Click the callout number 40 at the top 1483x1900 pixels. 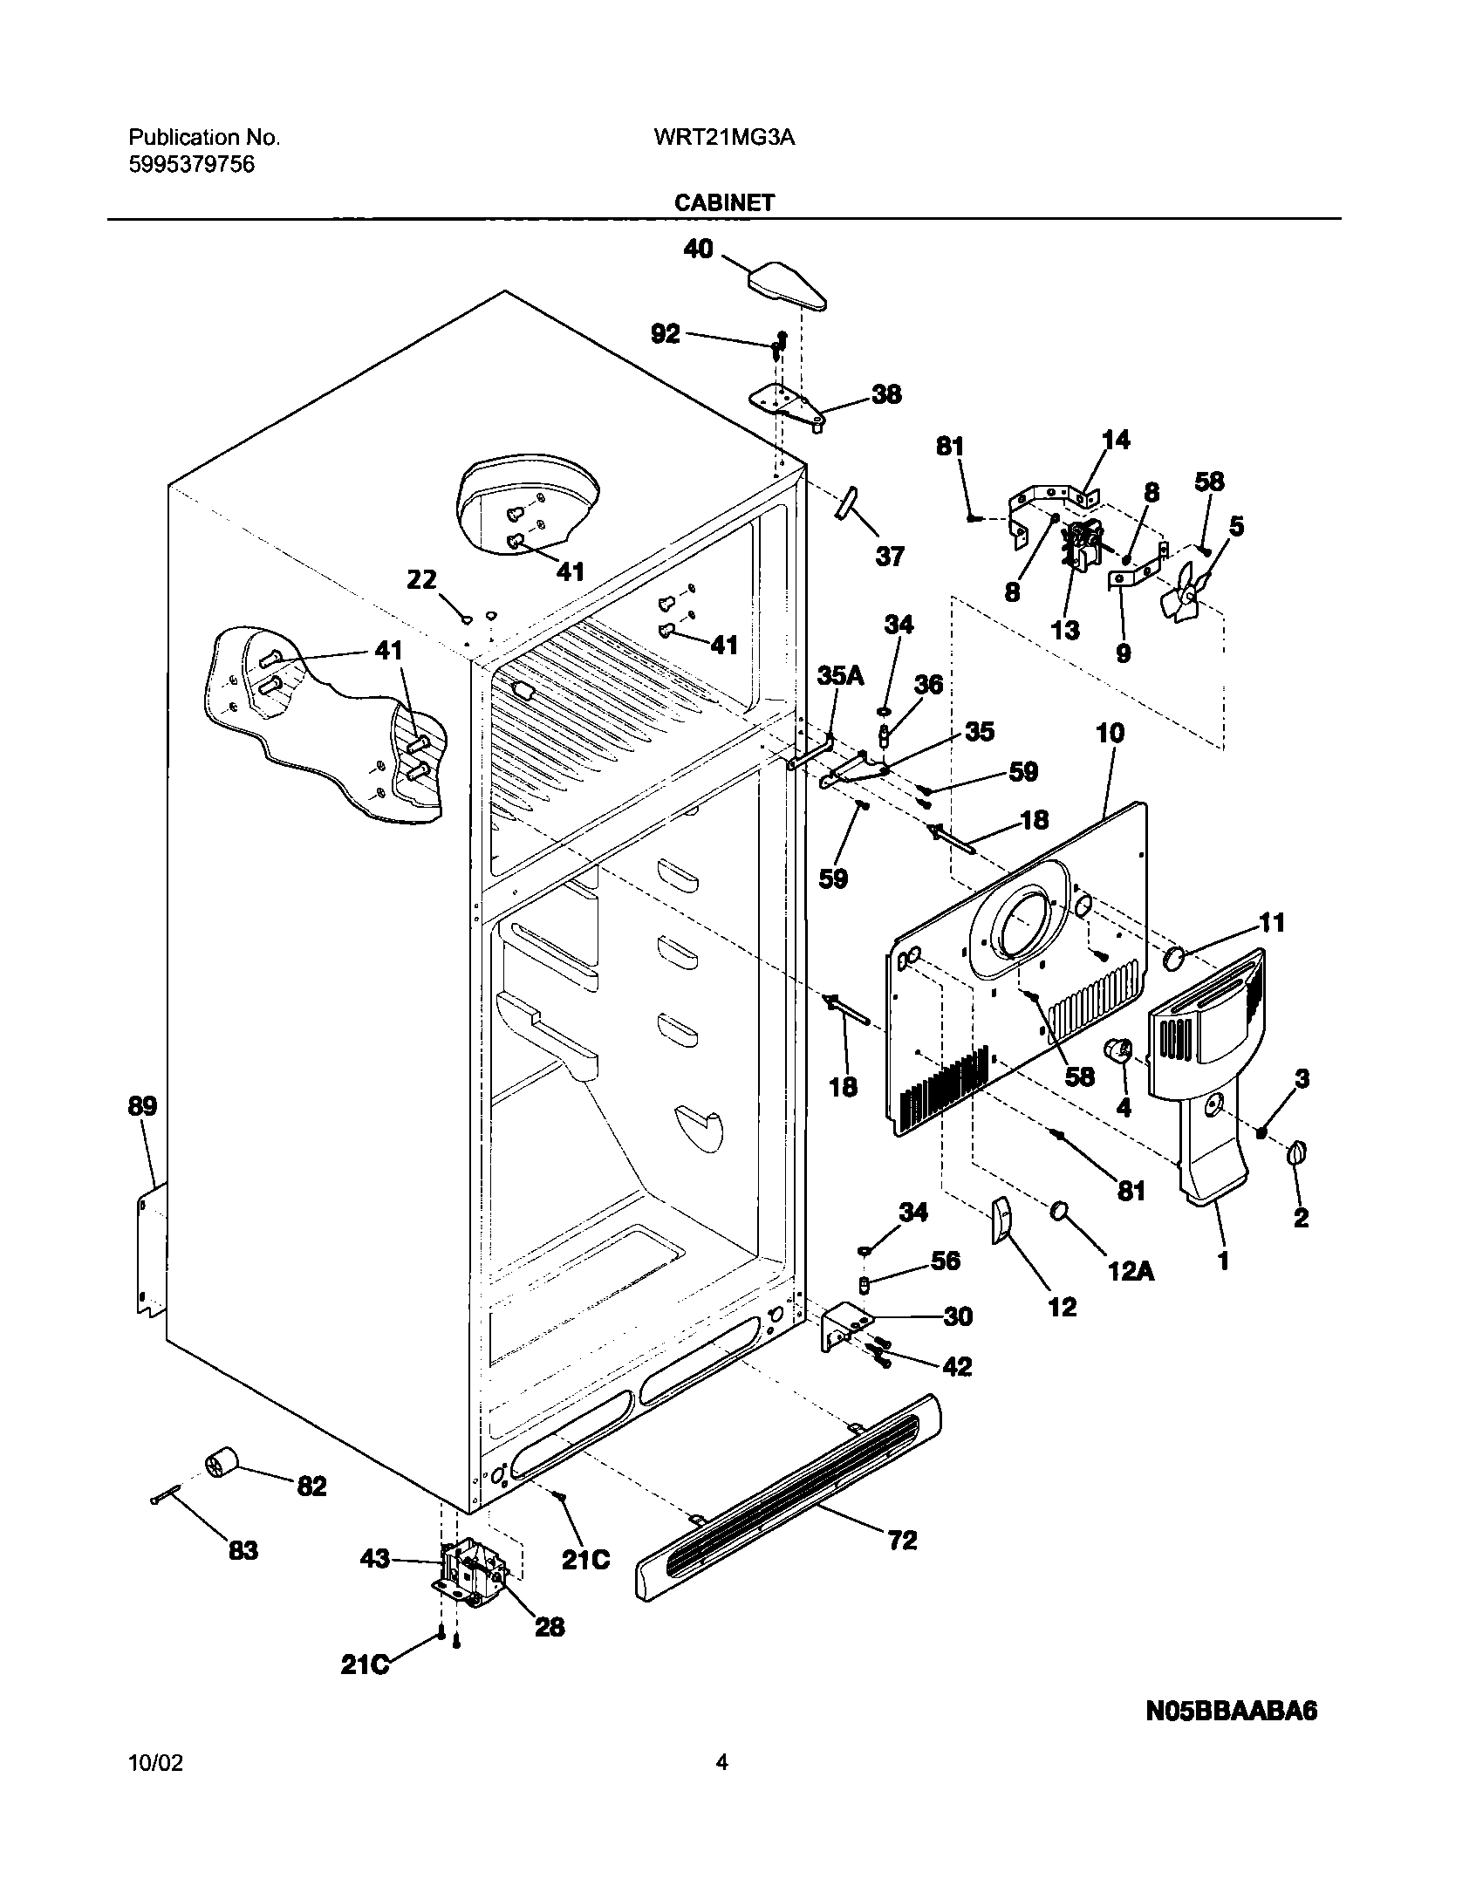(x=698, y=249)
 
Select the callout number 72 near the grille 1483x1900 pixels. (x=902, y=1541)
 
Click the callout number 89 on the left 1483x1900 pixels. (x=142, y=1106)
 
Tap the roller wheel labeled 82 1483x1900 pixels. (x=222, y=1462)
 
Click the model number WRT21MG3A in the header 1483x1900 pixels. (x=724, y=138)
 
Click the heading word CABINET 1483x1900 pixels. (x=724, y=203)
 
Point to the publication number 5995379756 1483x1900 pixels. (x=192, y=165)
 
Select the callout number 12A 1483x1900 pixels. (x=1130, y=1271)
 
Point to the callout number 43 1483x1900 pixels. (x=375, y=1559)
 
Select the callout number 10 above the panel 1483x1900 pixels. (x=1110, y=733)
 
